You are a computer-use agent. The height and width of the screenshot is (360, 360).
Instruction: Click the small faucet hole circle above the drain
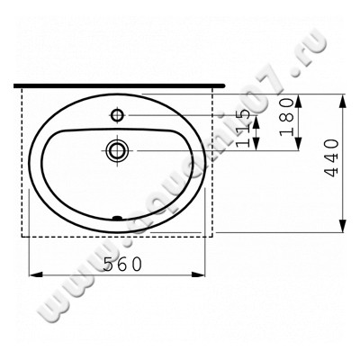pyautogui.click(x=118, y=115)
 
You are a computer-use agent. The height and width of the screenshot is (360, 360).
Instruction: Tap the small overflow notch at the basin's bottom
pyautogui.click(x=116, y=217)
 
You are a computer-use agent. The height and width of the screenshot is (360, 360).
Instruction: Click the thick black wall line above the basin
pyautogui.click(x=117, y=85)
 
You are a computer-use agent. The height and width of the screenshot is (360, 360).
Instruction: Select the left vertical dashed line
pyautogui.click(x=22, y=162)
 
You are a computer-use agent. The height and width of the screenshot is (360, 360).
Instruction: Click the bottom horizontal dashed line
pyautogui.click(x=117, y=234)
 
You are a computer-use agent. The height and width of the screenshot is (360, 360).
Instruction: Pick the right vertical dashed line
pyautogui.click(x=213, y=162)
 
